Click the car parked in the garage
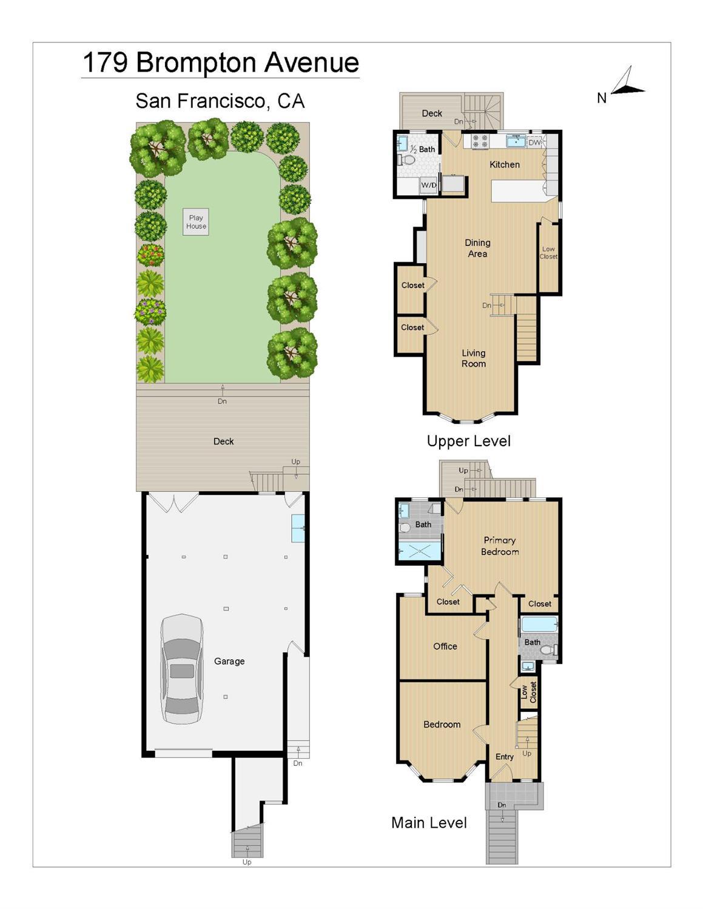click(182, 668)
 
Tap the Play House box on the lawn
click(196, 222)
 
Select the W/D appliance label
click(428, 185)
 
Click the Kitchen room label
click(505, 164)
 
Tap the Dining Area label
click(477, 248)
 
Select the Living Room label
click(474, 358)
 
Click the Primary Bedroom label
click(500, 546)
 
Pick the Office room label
click(445, 646)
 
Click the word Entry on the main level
click(504, 757)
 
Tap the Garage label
click(229, 662)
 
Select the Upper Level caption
click(469, 441)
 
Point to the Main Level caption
click(429, 823)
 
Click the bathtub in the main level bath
click(539, 624)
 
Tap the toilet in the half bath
click(405, 159)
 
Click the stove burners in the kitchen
click(480, 141)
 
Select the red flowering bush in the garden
click(150, 254)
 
